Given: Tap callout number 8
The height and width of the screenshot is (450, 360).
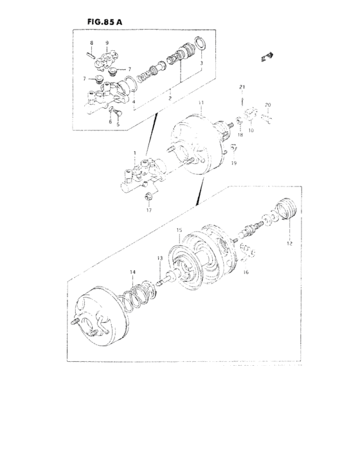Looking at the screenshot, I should pos(91,43).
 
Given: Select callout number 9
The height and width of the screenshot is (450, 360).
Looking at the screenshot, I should pos(107,43).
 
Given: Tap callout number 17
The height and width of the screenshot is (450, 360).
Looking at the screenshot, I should pos(148,210).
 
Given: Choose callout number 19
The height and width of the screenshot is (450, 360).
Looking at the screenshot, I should pos(235,164).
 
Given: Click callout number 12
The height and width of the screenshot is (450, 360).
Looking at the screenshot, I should pos(289,244).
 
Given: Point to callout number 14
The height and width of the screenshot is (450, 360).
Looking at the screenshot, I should pos(133,273).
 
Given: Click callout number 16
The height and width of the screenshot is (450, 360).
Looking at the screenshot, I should pos(245,273).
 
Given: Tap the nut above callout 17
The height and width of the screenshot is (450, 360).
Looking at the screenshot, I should pos(148,197).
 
